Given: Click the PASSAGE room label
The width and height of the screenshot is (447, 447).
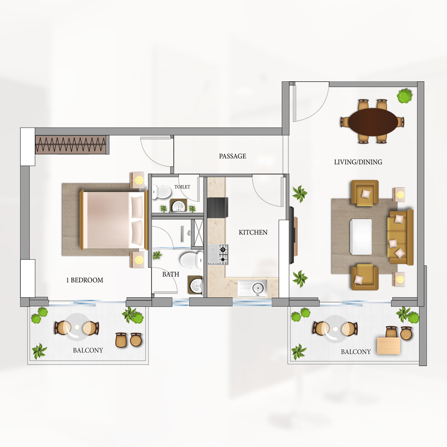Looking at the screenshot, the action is point(232,156).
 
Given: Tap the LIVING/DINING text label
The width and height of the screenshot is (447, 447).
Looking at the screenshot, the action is point(358,162).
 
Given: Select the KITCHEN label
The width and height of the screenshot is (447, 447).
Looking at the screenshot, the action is point(253,232).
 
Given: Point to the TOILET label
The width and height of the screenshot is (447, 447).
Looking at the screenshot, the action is point(182,187).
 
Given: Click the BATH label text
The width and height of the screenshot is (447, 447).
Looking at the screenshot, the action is point(171,274).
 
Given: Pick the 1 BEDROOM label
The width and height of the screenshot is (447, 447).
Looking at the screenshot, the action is point(84,280).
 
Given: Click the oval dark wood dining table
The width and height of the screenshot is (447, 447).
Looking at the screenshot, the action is point(373,122).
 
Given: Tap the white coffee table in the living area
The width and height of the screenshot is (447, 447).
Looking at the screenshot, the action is point(361,236).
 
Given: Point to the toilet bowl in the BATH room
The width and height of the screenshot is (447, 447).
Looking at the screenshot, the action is point(191,259).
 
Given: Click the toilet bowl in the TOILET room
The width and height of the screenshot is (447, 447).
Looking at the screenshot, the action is point(161,192).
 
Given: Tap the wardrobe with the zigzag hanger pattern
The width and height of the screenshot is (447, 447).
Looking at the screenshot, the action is point(72,144).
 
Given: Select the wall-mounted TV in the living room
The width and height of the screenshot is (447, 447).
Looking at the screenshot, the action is point(291,235).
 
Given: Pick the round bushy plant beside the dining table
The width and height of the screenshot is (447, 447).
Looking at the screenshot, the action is point(405,96).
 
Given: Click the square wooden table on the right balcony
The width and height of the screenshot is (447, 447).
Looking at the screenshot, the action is point(389,346).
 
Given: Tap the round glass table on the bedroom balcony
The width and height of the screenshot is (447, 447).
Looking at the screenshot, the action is point(77,327).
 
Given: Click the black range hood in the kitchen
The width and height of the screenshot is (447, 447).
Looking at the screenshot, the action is point(218,208).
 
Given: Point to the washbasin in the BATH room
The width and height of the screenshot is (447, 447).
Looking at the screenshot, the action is point(196,285).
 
